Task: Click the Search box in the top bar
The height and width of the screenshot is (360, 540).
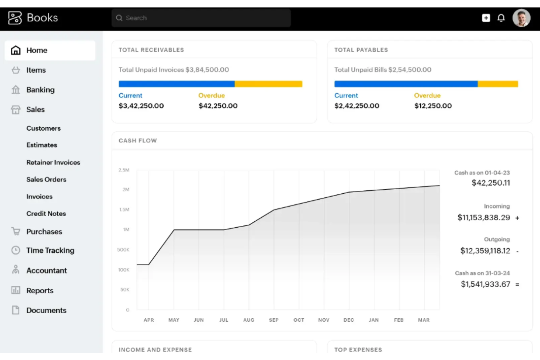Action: click(x=201, y=18)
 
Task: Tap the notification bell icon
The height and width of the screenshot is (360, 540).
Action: click(x=501, y=18)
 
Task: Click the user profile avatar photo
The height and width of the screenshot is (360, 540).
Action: click(x=521, y=18)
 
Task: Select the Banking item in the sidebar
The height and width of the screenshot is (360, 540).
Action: click(x=40, y=90)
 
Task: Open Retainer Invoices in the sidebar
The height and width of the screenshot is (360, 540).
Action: click(x=53, y=162)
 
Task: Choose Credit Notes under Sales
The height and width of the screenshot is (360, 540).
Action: click(x=46, y=214)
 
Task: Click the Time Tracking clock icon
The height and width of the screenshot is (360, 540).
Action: click(x=16, y=250)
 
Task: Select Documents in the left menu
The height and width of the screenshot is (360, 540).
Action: click(x=46, y=310)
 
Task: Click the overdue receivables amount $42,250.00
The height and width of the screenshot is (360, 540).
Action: click(x=218, y=106)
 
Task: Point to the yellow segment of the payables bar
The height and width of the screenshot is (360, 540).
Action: click(x=498, y=84)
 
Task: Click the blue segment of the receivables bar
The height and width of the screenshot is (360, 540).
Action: click(x=176, y=84)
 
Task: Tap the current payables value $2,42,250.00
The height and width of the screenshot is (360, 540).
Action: click(x=356, y=106)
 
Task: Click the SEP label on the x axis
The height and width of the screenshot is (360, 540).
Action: click(x=274, y=320)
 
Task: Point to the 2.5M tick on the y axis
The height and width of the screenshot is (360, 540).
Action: click(x=124, y=170)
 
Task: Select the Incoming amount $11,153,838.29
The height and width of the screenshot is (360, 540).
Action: click(x=483, y=218)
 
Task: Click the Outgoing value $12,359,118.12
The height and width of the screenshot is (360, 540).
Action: click(x=485, y=251)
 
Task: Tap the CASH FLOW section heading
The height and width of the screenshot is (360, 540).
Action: click(x=138, y=141)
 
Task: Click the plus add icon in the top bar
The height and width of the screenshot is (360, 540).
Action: click(x=486, y=18)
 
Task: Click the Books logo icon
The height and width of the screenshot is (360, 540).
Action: click(x=15, y=18)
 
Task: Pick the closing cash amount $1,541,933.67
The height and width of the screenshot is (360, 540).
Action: click(x=485, y=284)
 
